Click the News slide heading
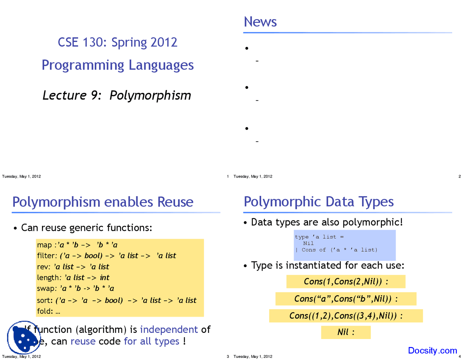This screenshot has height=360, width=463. point(260,22)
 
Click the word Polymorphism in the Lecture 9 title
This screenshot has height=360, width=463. point(150,95)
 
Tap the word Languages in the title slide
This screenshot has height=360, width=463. point(161,65)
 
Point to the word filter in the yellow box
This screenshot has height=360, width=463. point(46,256)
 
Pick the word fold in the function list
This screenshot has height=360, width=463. point(44,311)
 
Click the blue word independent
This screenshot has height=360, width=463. point(169,329)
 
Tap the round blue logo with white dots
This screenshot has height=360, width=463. point(24,337)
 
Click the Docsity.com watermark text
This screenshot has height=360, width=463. point(432,350)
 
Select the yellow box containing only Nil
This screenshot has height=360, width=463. point(346,332)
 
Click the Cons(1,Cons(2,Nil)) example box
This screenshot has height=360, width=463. point(346,282)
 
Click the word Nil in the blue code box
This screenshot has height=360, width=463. point(308,243)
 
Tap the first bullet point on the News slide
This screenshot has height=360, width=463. point(247,48)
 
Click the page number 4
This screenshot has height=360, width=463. point(459,356)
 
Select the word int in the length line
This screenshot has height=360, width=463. point(105,278)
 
